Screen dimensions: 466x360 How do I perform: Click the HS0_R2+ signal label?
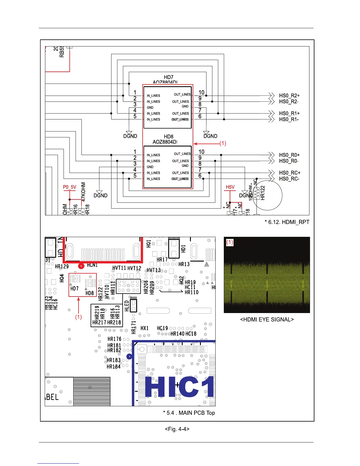click(289, 96)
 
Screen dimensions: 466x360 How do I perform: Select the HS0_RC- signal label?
click(289, 179)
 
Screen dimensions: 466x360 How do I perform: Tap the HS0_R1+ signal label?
click(289, 113)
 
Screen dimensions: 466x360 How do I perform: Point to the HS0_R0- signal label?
click(289, 161)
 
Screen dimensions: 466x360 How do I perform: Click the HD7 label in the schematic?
click(169, 77)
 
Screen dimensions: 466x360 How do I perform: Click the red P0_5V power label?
click(69, 187)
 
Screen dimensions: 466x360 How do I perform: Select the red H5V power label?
click(230, 187)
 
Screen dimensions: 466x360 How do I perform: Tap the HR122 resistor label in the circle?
click(263, 193)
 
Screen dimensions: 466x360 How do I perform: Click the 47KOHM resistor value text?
click(84, 192)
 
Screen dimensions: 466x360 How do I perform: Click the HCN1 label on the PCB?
click(92, 265)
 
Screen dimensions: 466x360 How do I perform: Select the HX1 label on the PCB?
click(144, 328)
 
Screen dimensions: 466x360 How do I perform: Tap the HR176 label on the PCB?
click(114, 339)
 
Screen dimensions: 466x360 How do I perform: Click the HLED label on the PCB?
click(127, 306)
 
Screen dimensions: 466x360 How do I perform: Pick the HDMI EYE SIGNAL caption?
click(267, 319)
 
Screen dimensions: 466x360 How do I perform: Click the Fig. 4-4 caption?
click(177, 429)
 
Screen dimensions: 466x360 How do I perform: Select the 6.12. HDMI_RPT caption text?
click(287, 222)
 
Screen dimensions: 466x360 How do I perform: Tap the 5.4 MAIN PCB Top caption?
click(189, 413)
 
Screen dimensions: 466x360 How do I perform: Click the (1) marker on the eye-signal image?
click(230, 242)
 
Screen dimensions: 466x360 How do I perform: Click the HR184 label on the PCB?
click(114, 367)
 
